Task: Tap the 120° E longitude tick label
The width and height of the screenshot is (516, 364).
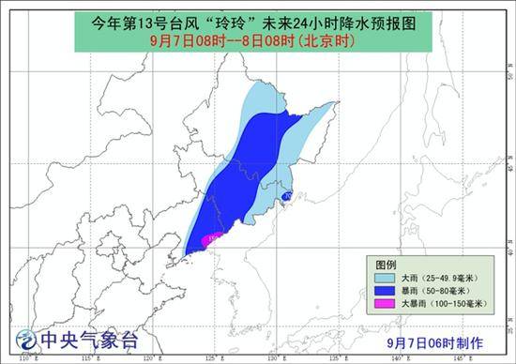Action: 150,358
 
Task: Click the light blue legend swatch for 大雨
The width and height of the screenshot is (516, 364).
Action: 384,279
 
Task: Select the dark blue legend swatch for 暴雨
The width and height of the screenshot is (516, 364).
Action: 384,292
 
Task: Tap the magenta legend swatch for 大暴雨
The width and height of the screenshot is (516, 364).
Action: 384,305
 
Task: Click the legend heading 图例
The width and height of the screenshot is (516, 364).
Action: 387,265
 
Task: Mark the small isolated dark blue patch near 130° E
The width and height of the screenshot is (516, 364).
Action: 287,195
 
